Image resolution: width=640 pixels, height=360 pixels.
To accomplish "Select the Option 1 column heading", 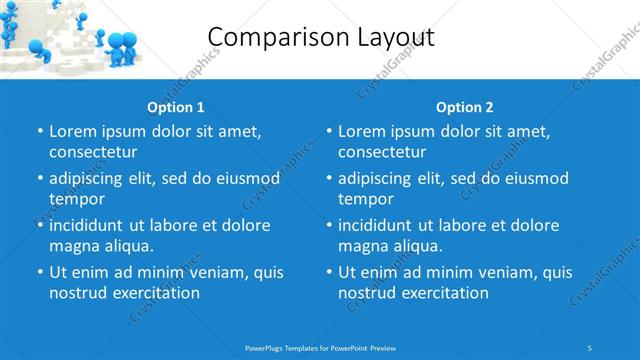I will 176,107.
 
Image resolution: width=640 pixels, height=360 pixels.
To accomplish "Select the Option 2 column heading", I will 465,107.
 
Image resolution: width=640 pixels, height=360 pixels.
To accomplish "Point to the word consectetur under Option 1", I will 93,152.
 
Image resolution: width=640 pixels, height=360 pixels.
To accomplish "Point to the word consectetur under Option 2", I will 382,152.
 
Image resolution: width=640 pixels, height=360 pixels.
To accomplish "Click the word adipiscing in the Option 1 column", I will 90,179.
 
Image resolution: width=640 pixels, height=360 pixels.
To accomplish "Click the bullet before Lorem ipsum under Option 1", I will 39,132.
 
